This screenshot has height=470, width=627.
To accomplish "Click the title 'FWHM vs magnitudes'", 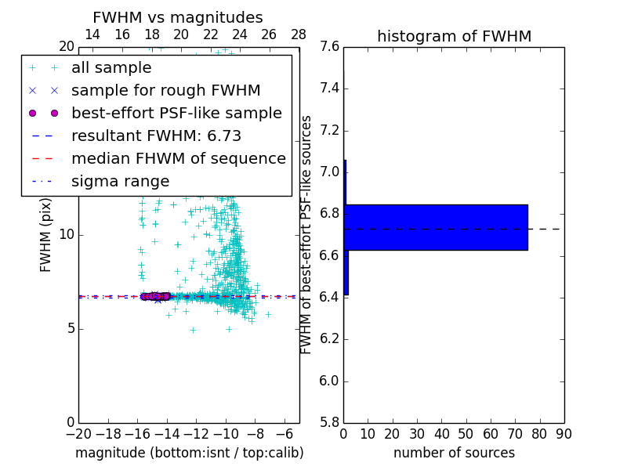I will (x=177, y=17).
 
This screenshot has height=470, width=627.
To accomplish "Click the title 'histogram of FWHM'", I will (x=454, y=36).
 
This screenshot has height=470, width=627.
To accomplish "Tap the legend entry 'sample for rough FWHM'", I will (x=165, y=90).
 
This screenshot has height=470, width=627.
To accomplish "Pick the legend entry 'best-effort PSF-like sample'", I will (x=176, y=113).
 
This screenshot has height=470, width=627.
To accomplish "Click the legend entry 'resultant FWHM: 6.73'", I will (x=156, y=136).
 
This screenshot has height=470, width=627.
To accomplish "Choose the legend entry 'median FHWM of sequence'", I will (x=178, y=158).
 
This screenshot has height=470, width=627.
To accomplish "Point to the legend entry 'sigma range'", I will (x=120, y=181).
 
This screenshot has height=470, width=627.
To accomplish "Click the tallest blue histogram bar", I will (x=436, y=227).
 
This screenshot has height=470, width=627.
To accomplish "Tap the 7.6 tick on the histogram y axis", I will (x=330, y=47).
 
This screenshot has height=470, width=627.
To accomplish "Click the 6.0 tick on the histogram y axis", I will (x=330, y=381).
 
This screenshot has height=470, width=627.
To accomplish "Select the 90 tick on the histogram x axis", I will (x=564, y=433).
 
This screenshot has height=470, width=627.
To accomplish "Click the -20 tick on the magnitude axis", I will (x=78, y=433).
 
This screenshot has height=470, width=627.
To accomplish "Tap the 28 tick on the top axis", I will (x=299, y=34).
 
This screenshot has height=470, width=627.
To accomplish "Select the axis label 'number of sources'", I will (x=454, y=453).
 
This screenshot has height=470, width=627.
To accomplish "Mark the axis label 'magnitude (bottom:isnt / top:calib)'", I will (x=189, y=453).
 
